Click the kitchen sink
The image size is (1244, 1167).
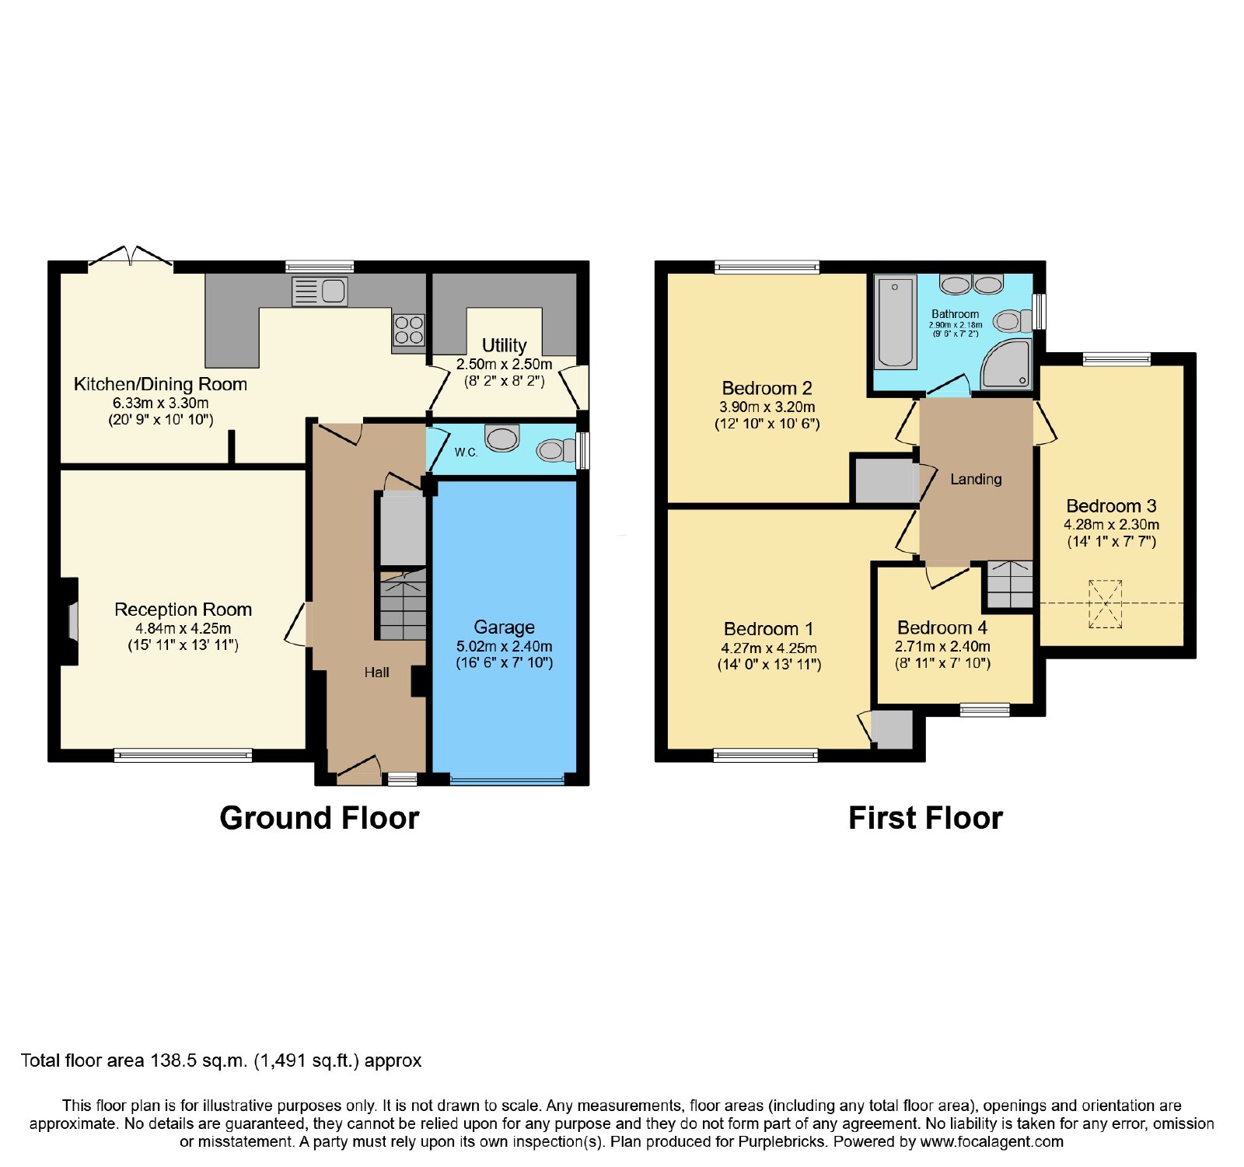pos(320,292)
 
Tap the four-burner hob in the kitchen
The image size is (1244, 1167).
pos(408,329)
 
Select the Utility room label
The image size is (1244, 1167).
pos(504,345)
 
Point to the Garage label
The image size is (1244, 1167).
pos(504,627)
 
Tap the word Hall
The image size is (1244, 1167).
pos(376,673)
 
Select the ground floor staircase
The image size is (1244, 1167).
pos(403,605)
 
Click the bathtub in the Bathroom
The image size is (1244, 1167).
pos(896,322)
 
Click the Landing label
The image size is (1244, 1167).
pos(976,480)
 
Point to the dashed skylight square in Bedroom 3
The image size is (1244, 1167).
pos(1105,603)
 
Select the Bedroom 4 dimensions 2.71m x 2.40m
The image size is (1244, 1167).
pos(942,647)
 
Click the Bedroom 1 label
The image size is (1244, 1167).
pos(768,629)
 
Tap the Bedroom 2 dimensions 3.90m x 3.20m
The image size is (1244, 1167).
pos(767,407)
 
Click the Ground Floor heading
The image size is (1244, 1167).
pos(320,818)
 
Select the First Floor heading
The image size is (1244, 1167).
pos(925,818)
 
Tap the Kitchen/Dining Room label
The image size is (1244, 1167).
pos(160,384)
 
